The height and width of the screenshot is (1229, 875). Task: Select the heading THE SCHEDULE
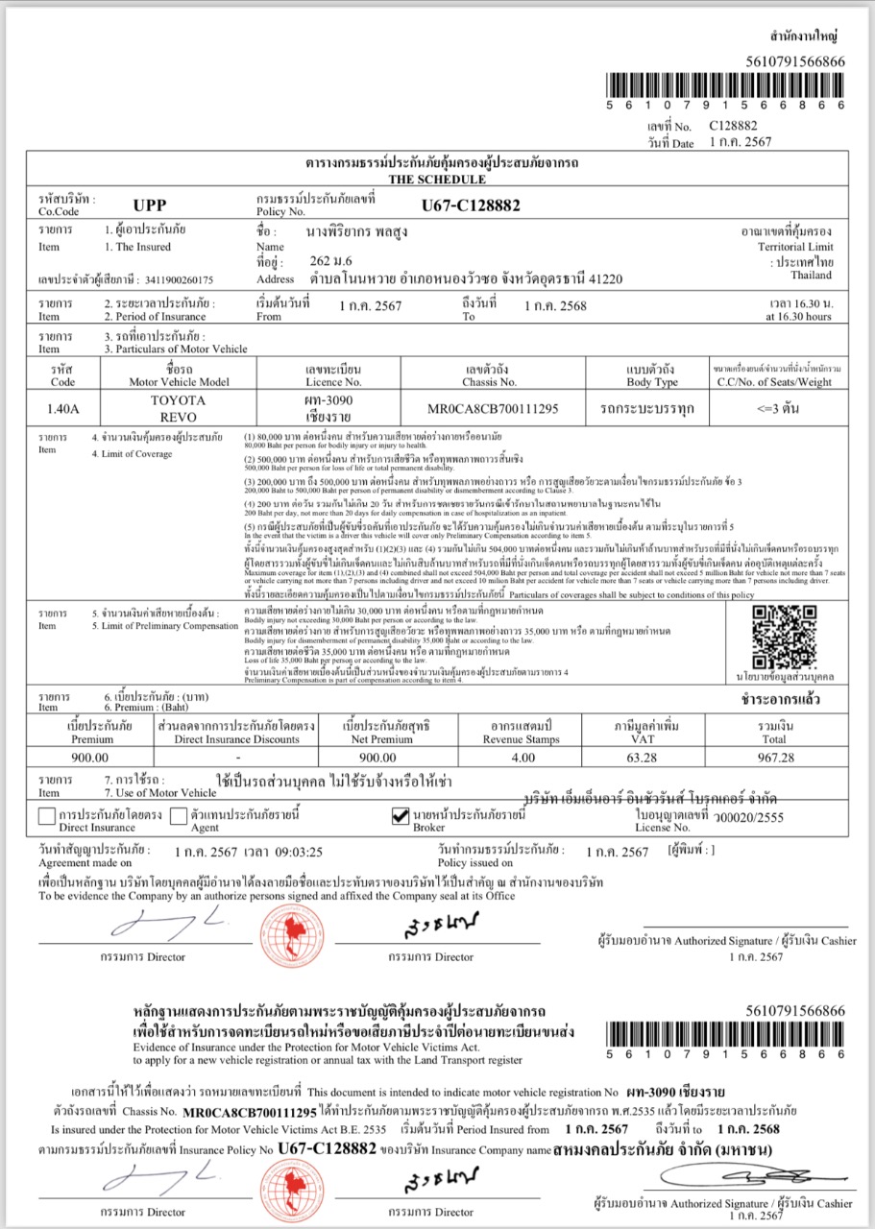coord(437,180)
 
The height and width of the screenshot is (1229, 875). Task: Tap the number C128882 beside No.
coord(733,126)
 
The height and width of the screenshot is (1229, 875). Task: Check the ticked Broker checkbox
coord(402,817)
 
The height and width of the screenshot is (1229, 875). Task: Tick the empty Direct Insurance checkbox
coord(45,817)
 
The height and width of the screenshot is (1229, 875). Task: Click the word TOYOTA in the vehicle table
coord(179,399)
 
